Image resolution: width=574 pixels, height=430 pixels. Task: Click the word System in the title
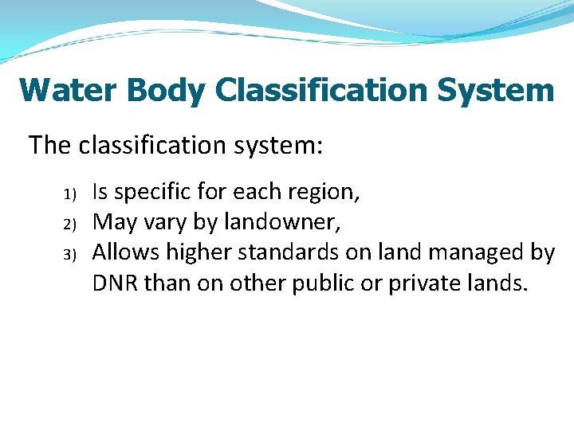coord(495,90)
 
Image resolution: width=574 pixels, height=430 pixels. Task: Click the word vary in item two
coord(163,222)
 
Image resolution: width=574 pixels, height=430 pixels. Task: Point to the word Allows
coord(121,252)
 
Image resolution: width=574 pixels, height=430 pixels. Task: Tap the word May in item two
coord(111,222)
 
